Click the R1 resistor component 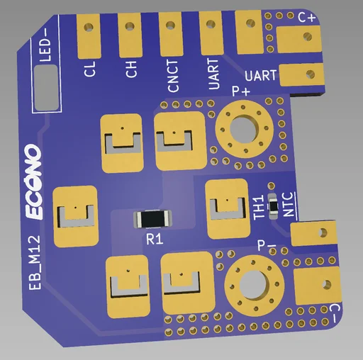point(152,219)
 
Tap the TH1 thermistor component point(274,206)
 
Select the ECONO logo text point(33,182)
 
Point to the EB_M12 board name point(35,262)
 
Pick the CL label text point(89,69)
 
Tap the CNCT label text point(172,76)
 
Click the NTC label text point(288,205)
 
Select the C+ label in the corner point(306,18)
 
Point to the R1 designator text point(155,240)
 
